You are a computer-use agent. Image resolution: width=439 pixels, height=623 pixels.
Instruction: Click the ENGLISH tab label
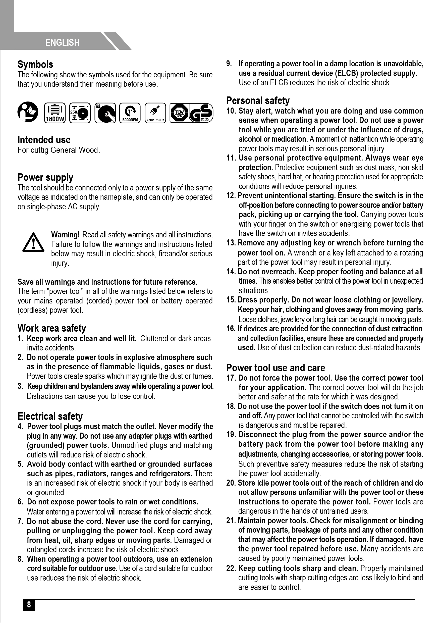click(62, 43)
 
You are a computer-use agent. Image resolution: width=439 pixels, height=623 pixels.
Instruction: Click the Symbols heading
click(35, 65)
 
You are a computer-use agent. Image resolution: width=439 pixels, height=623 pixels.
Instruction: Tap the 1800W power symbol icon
click(54, 113)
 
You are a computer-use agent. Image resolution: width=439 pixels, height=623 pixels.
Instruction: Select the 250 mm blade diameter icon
click(80, 113)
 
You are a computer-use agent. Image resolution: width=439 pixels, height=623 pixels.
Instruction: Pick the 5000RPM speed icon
click(130, 113)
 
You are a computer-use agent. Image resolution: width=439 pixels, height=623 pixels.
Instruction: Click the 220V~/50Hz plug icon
click(155, 113)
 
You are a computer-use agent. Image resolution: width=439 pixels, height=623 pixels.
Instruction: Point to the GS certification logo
click(201, 113)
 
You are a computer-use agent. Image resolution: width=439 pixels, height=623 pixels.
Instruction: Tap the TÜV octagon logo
click(179, 113)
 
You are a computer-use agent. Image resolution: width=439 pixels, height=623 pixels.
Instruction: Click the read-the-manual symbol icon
click(28, 112)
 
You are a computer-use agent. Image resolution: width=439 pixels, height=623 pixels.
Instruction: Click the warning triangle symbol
click(33, 242)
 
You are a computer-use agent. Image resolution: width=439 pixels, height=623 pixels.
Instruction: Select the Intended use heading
click(44, 140)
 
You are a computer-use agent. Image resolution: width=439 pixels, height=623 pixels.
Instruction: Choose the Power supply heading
click(45, 177)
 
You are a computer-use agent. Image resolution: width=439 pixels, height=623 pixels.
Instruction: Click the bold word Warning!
click(65, 235)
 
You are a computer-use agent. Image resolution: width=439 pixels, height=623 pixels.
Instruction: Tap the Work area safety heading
click(51, 328)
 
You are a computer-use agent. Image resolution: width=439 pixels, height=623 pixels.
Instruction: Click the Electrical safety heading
click(50, 416)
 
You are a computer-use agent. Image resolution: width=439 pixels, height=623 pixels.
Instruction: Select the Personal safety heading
click(258, 101)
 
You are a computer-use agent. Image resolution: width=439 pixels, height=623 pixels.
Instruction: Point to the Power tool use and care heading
click(276, 368)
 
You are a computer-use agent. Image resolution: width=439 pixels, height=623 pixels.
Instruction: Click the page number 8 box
click(29, 605)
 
